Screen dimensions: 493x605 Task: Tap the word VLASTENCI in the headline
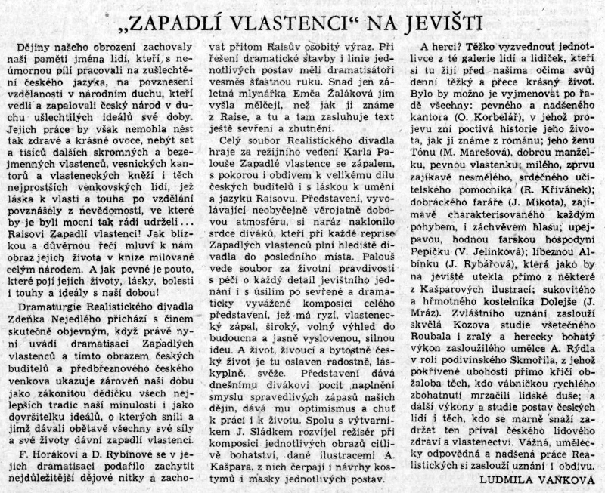(x=284, y=22)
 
